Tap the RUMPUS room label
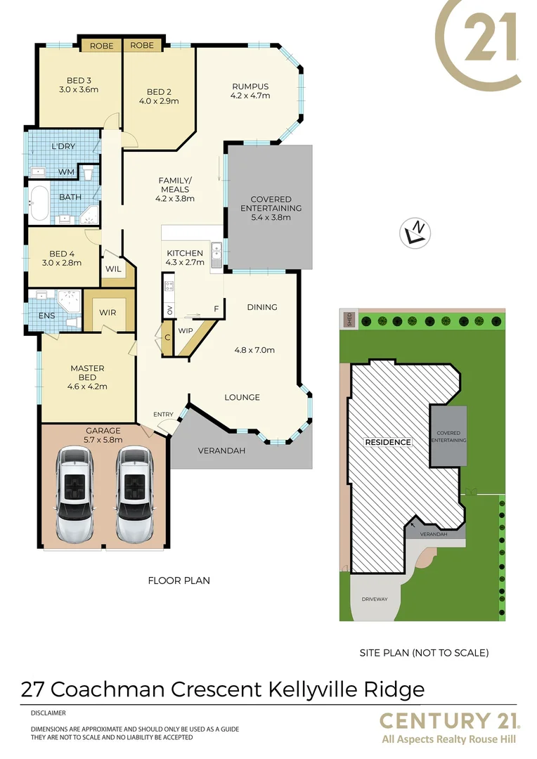(250, 86)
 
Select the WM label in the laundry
(66, 171)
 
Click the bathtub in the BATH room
(40, 203)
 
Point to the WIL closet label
(113, 268)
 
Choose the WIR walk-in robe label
(108, 312)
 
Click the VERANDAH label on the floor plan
(221, 450)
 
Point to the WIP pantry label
(186, 330)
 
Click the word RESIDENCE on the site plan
(387, 442)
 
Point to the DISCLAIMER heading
(48, 713)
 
